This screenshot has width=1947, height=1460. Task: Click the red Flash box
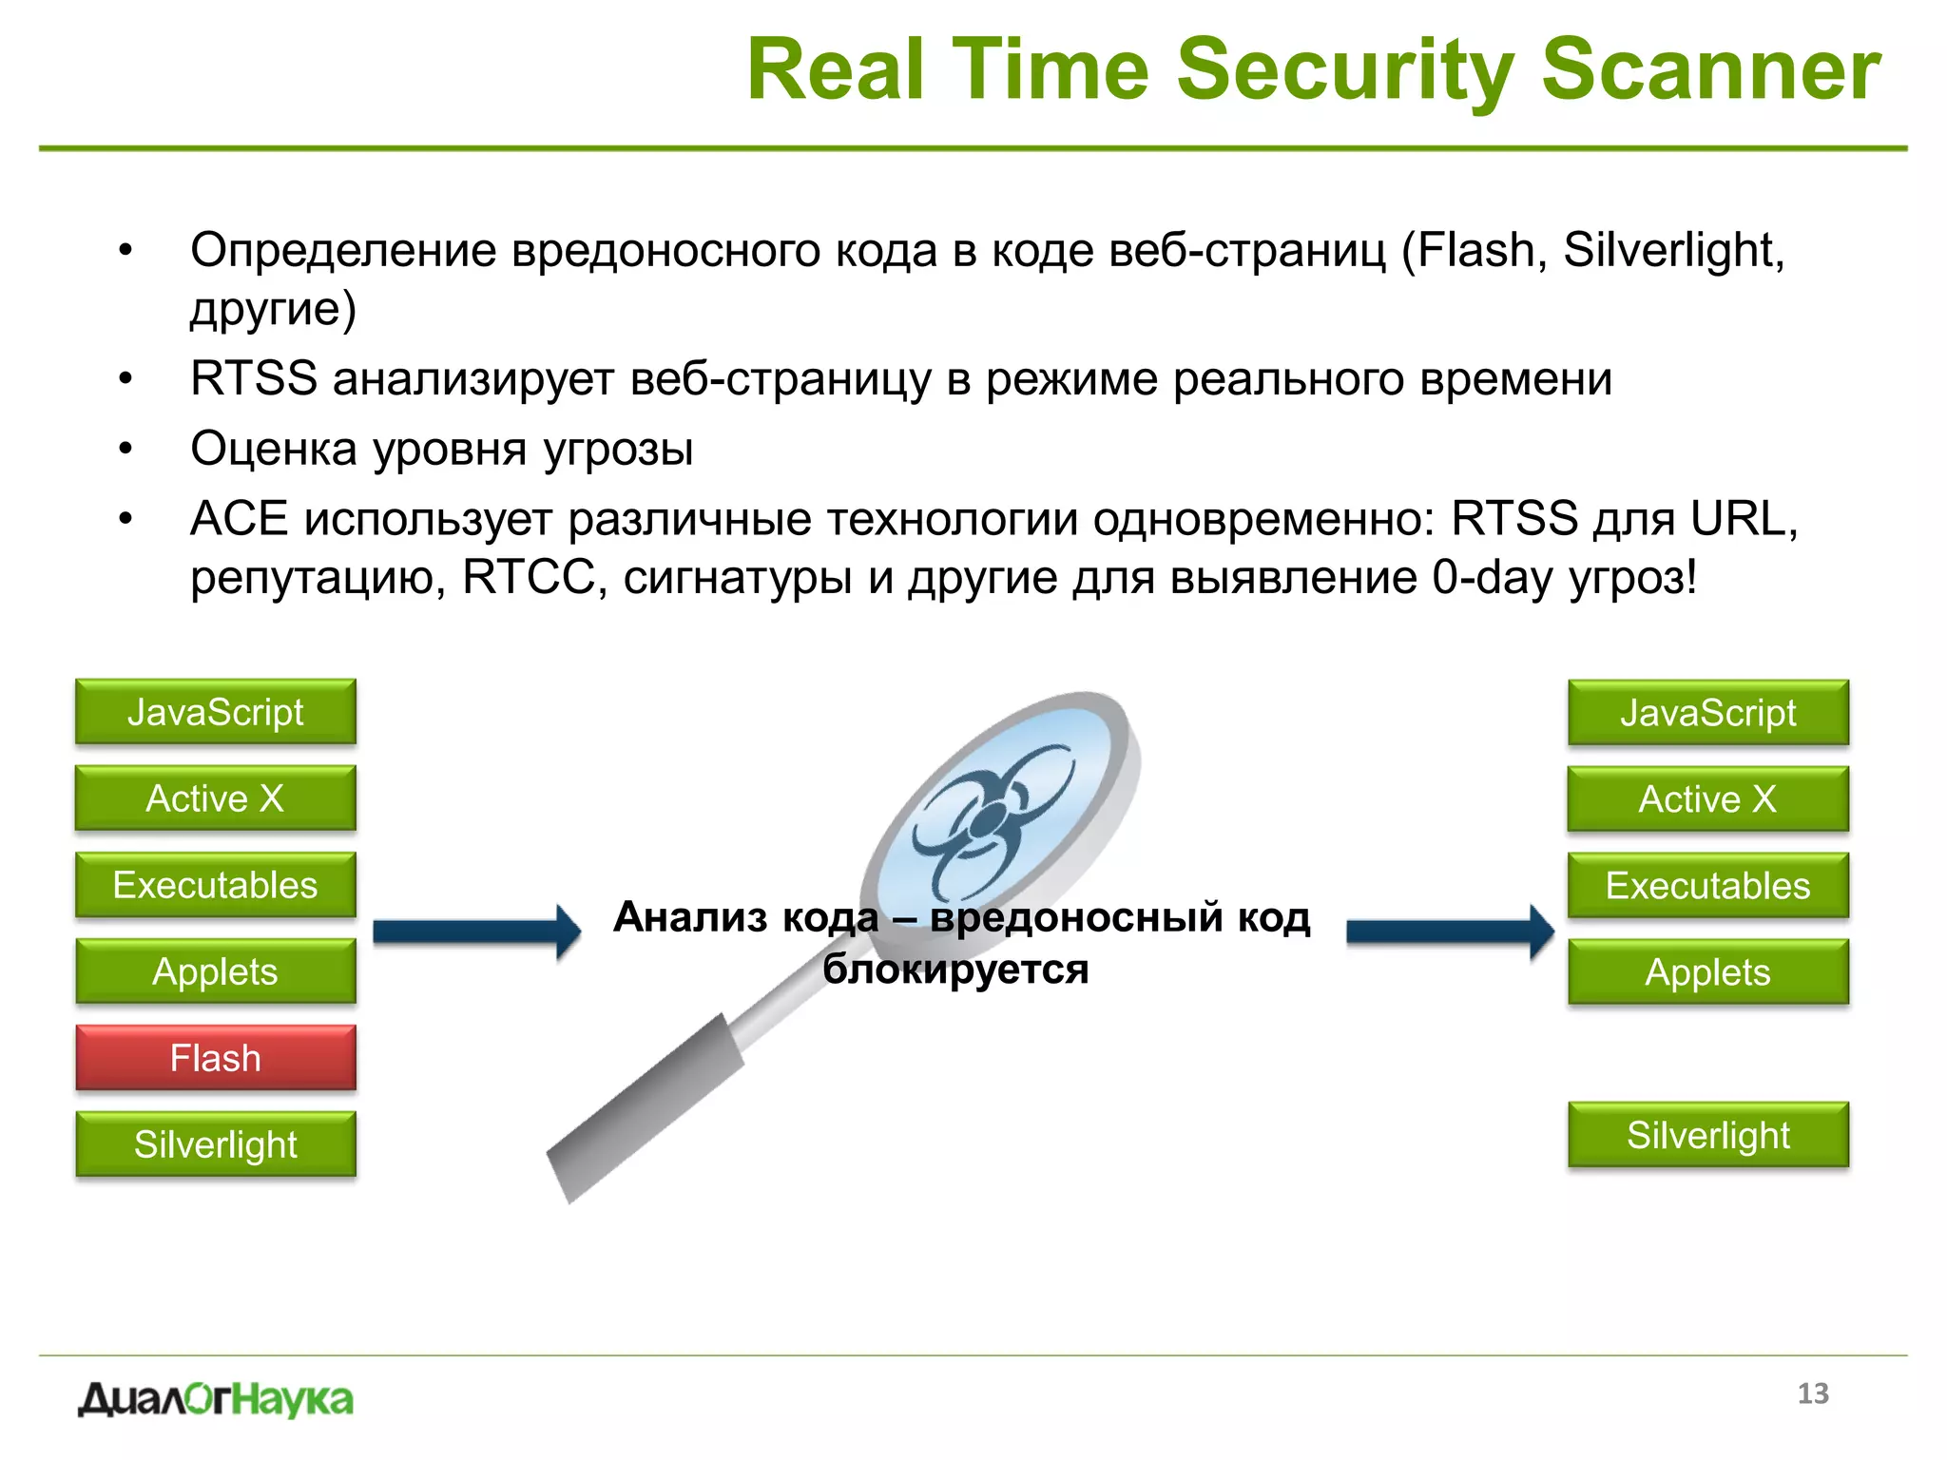pos(216,1057)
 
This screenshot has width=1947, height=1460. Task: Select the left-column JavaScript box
pos(216,711)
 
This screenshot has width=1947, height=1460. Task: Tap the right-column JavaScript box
pos(1708,712)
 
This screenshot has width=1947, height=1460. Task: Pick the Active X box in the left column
pos(216,797)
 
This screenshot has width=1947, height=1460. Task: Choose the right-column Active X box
pos(1708,798)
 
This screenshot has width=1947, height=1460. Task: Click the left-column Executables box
pos(216,884)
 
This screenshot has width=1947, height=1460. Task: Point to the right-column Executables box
pos(1708,885)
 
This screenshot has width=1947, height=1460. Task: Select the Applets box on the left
pos(216,970)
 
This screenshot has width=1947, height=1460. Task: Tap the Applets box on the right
pos(1708,971)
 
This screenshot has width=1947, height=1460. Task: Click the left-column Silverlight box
pos(216,1143)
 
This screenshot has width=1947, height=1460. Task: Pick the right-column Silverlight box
pos(1708,1134)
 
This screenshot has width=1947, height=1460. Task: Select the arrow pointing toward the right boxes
pos(1450,932)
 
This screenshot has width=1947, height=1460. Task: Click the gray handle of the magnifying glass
pos(646,1107)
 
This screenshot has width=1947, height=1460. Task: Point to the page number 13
pos(1813,1393)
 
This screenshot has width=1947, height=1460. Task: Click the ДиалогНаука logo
pos(216,1399)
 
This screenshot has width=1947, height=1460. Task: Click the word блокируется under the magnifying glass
pos(955,970)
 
